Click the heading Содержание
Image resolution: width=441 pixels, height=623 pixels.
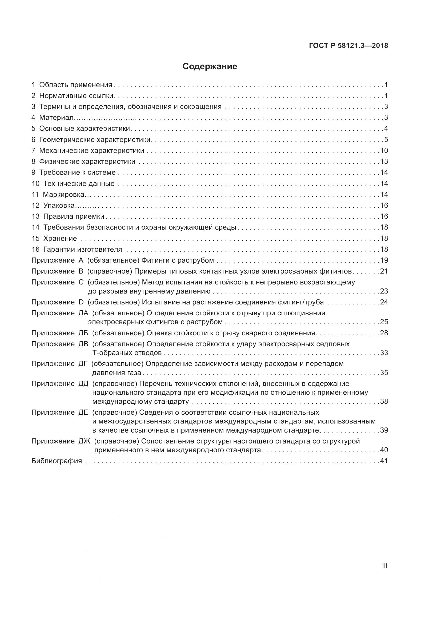click(x=210, y=67)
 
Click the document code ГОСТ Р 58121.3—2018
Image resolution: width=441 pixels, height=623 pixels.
click(x=348, y=46)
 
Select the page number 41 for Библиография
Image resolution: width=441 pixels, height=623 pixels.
click(x=384, y=461)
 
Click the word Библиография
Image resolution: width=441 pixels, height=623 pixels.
click(x=57, y=461)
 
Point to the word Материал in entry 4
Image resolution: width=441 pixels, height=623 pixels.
click(x=56, y=118)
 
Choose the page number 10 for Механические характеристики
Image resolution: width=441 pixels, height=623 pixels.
click(x=384, y=150)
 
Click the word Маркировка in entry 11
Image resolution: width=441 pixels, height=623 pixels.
click(x=63, y=194)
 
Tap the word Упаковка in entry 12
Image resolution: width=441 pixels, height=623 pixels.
click(x=59, y=206)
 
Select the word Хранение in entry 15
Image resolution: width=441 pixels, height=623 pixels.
click(x=60, y=238)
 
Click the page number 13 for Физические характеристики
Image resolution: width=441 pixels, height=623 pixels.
click(x=384, y=162)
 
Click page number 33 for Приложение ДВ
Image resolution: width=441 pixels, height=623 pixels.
click(x=384, y=353)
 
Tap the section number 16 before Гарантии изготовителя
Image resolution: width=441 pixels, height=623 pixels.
click(x=35, y=249)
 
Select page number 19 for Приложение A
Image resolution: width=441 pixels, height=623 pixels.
click(x=384, y=260)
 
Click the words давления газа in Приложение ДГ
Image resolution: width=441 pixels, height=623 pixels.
click(x=117, y=373)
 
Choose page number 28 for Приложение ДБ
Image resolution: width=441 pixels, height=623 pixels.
click(x=384, y=333)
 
